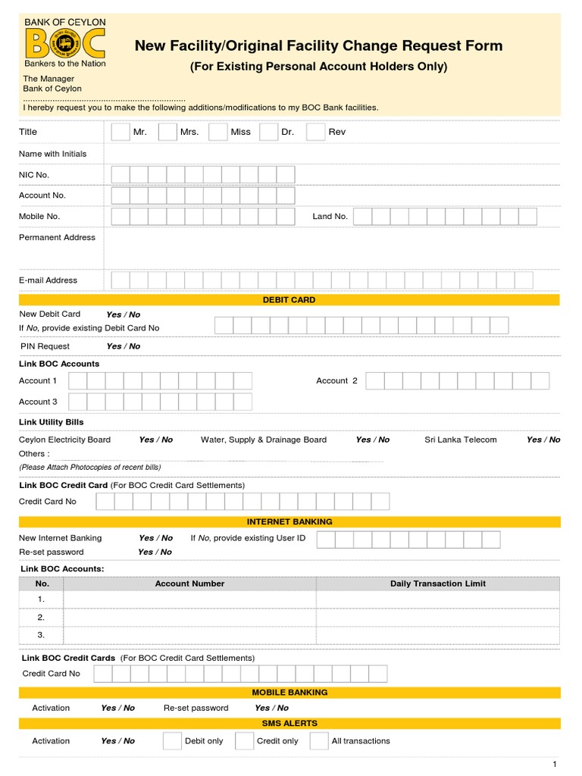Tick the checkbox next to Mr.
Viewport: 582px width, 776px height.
click(x=120, y=132)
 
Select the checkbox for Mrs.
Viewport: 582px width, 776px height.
click(x=167, y=132)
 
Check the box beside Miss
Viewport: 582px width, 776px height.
click(x=218, y=132)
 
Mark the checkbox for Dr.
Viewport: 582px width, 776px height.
click(x=269, y=132)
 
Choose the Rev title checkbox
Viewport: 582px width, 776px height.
click(x=315, y=132)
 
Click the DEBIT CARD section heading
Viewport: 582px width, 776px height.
click(x=289, y=300)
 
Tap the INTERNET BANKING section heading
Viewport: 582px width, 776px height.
click(x=289, y=522)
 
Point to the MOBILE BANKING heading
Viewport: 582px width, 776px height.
click(x=289, y=693)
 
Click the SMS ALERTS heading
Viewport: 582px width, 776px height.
click(x=289, y=724)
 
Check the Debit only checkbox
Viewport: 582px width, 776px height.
click(x=172, y=741)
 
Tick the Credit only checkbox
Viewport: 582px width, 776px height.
click(x=244, y=741)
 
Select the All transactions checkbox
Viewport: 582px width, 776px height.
click(x=319, y=741)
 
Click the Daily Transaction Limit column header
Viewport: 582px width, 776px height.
click(x=437, y=584)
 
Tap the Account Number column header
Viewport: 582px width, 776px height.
click(x=189, y=584)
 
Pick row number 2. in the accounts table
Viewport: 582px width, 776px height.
click(x=41, y=617)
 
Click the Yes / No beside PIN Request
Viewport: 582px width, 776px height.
click(x=124, y=346)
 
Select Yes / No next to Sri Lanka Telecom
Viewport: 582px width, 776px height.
click(x=543, y=440)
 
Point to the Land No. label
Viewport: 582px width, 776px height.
click(x=330, y=217)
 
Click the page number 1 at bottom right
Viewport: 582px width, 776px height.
click(x=555, y=764)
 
